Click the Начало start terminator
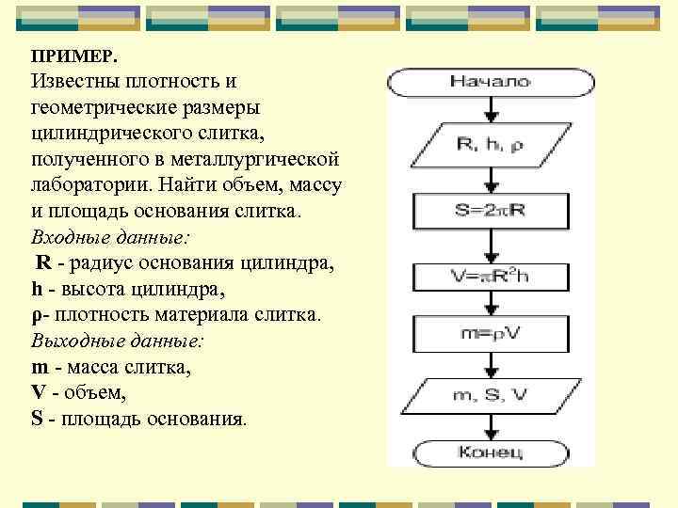491,82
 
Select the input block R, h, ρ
490,144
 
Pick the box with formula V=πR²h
491,275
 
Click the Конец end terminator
491,452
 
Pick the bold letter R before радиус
42,262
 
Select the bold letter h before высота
37,289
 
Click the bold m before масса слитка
39,367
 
